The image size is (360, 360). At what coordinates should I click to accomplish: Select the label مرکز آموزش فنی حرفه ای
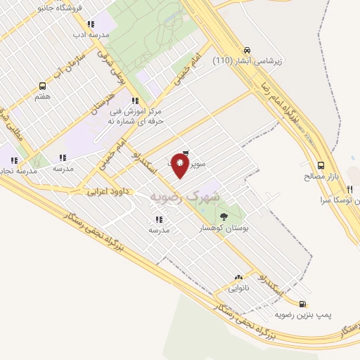(136, 116)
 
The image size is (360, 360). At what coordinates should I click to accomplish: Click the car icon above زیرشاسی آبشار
(247, 50)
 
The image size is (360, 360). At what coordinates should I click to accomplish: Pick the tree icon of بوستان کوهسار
(224, 217)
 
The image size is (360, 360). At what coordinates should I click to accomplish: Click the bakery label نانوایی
(237, 288)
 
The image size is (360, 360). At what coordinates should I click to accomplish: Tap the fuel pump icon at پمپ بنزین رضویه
(302, 304)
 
